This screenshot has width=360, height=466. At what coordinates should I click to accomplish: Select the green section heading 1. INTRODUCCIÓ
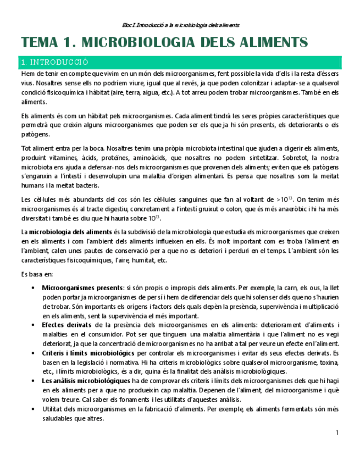54,63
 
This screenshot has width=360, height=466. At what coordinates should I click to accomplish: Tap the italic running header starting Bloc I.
180,25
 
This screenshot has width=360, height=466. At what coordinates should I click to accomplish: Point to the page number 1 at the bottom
337,434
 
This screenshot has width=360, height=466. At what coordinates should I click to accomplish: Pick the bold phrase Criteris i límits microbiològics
88,353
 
